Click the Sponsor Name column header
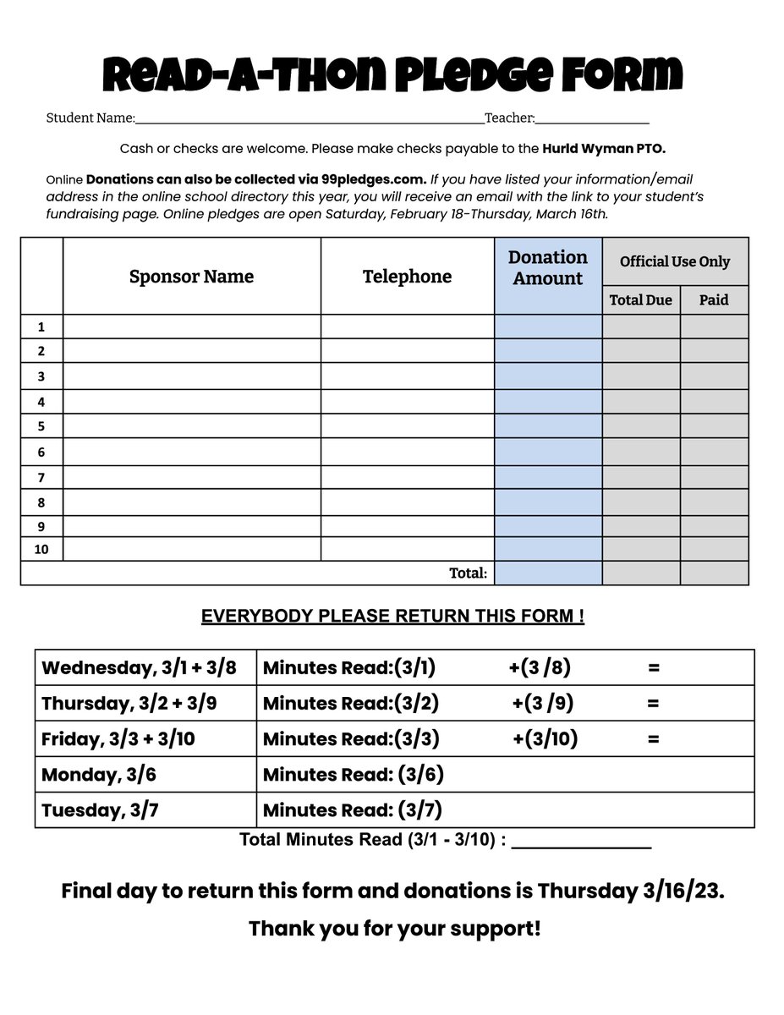[x=191, y=277]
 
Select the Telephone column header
[x=407, y=277]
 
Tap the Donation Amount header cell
[x=548, y=268]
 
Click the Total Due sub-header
[x=641, y=299]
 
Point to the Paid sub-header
[x=714, y=299]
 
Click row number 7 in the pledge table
[x=41, y=478]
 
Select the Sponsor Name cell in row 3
[x=192, y=376]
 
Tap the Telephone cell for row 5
[x=407, y=426]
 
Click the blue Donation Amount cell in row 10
[x=548, y=549]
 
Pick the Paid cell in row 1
[x=714, y=326]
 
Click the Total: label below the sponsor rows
[x=468, y=573]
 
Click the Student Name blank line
[x=309, y=119]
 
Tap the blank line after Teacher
[x=592, y=119]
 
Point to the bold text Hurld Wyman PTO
[x=604, y=149]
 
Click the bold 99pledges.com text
[x=373, y=179]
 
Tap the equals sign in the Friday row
[x=653, y=738]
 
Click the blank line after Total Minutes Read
[x=581, y=842]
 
